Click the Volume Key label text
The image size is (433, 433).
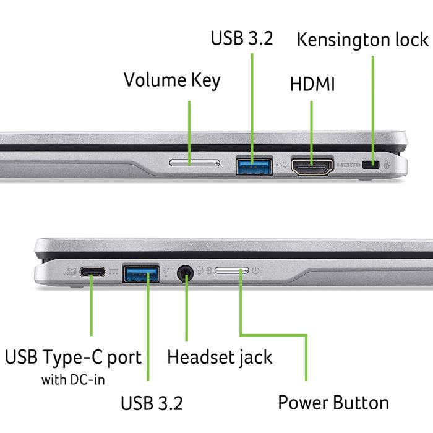pos(171,80)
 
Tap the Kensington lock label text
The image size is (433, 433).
pos(362,40)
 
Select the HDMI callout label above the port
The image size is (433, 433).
pos(312,84)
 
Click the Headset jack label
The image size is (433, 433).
pos(220,357)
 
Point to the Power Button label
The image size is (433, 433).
pos(333,402)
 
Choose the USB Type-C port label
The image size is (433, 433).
pos(73,357)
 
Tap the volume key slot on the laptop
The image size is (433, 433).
pos(194,163)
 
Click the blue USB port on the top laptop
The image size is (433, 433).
pos(254,165)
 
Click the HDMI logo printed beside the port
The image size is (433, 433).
pos(348,165)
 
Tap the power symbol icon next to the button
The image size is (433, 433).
pos(256,270)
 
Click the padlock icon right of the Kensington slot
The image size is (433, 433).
pos(387,165)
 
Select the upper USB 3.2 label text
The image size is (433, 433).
pos(242,38)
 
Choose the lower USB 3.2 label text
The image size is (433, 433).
pos(152,403)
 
